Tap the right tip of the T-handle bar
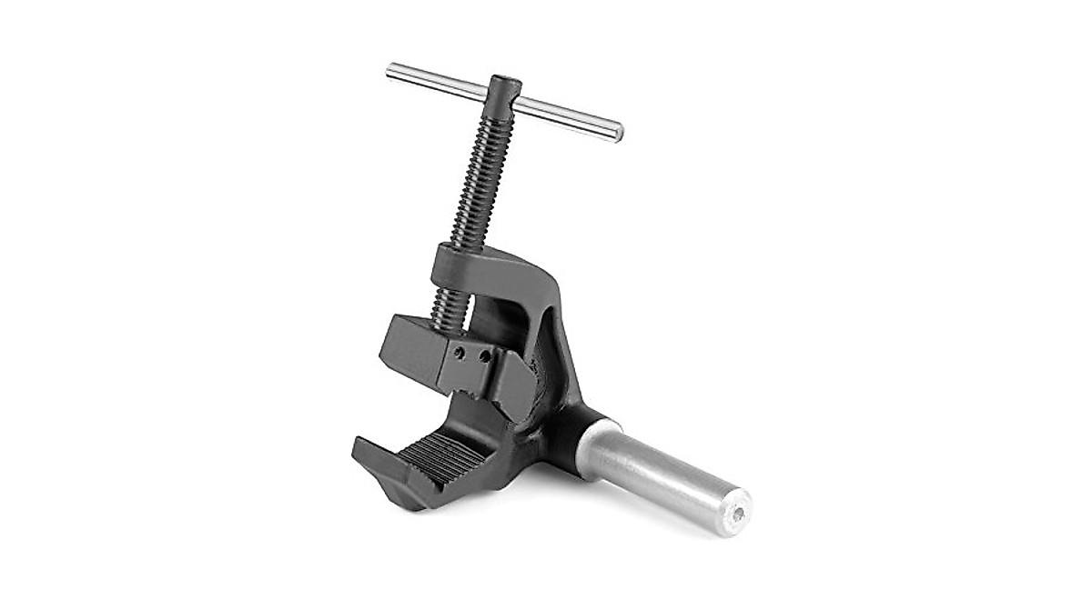pos(619,133)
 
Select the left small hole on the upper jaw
pos(461,353)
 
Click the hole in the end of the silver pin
pos(738,514)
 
